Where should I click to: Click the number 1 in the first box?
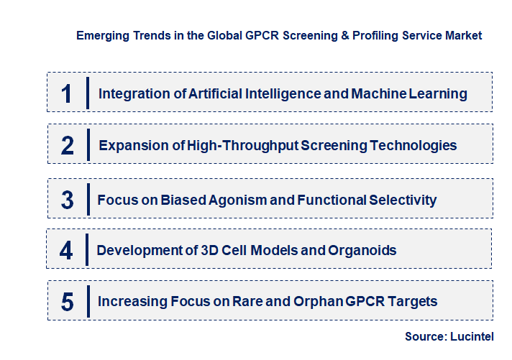67,93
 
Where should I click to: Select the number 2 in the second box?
68,146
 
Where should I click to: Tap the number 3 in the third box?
67,200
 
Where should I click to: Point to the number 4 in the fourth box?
66,251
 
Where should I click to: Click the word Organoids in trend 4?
365,251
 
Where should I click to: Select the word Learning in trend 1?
438,93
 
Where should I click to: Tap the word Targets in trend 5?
412,302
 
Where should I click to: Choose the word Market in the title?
463,34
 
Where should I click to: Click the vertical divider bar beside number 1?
87,93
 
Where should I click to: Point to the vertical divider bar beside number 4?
86,250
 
